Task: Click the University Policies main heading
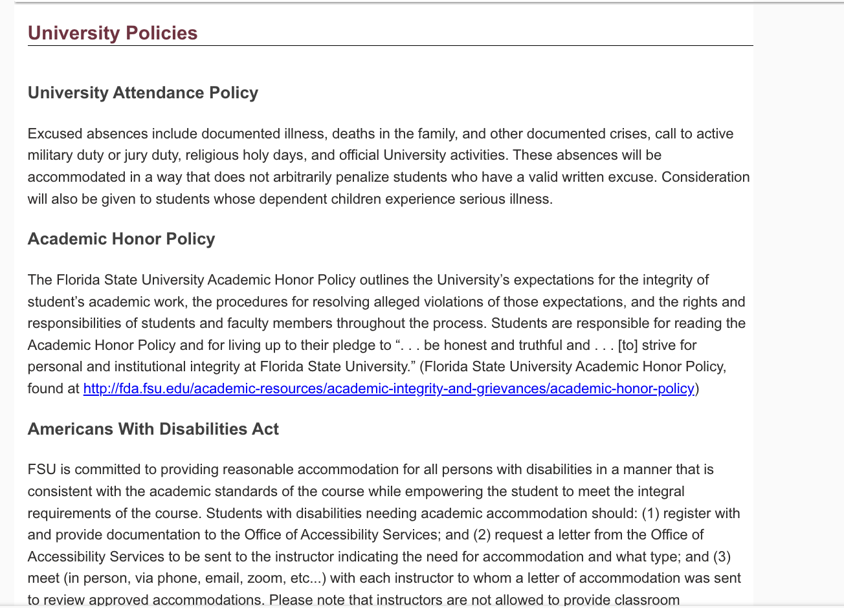pos(113,33)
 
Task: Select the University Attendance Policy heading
pos(143,93)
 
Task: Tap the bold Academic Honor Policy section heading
pos(121,239)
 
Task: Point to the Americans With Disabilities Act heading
pos(153,429)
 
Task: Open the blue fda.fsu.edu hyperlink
pos(388,389)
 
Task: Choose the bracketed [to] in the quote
pos(627,345)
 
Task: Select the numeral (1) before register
pos(650,514)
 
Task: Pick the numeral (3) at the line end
pos(722,557)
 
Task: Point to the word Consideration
pos(705,177)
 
